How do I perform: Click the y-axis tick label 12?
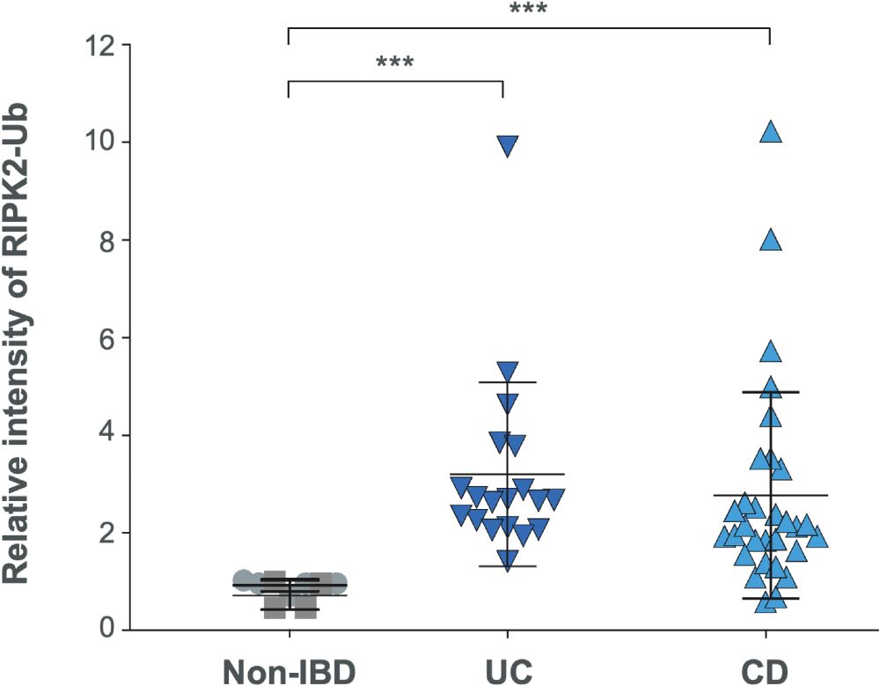(x=101, y=44)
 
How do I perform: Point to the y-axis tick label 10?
(x=101, y=142)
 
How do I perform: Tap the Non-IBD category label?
(x=290, y=671)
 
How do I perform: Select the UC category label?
(x=508, y=671)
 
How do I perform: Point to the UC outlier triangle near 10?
(x=508, y=145)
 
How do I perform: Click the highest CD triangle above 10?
(x=771, y=131)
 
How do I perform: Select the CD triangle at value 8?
(x=771, y=240)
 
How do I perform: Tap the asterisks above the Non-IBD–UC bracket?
(x=395, y=61)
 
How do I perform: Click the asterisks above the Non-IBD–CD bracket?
(x=528, y=8)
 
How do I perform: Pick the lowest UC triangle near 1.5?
(x=508, y=560)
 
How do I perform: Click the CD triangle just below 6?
(x=771, y=350)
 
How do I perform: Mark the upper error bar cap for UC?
(x=508, y=382)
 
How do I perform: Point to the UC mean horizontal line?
(x=508, y=474)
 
